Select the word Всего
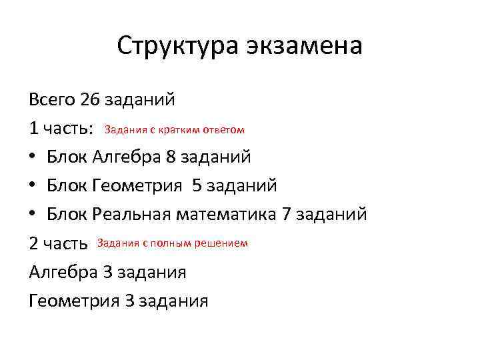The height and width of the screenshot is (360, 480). [52, 100]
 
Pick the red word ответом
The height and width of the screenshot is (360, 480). [223, 129]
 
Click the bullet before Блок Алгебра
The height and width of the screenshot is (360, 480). [33, 157]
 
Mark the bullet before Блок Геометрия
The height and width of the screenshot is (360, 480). [33, 186]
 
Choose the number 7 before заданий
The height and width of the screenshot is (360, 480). [286, 215]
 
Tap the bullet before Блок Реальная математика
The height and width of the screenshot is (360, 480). [33, 215]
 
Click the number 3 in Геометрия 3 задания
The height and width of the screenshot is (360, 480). [129, 301]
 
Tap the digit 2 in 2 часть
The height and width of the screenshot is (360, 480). [34, 243]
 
